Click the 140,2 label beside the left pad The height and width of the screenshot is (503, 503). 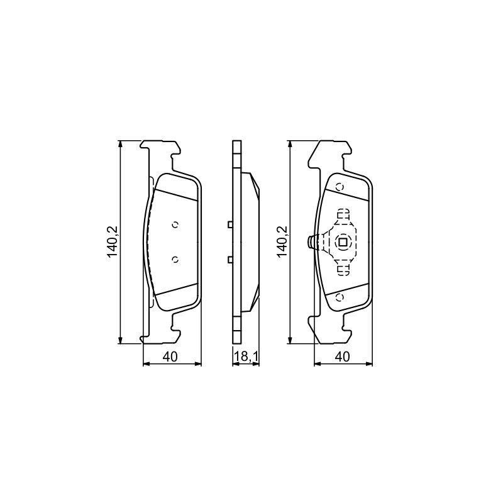pyautogui.click(x=113, y=242)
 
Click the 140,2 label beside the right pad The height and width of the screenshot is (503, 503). pyautogui.click(x=283, y=242)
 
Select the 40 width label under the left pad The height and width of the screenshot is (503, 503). pyautogui.click(x=170, y=357)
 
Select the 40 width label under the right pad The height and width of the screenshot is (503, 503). pyautogui.click(x=342, y=357)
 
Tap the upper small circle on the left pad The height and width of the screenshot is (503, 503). pyautogui.click(x=175, y=225)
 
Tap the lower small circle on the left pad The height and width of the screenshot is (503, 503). pyautogui.click(x=175, y=260)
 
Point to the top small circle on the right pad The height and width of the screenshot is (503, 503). pyautogui.click(x=340, y=187)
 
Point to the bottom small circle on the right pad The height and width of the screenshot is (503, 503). pyautogui.click(x=340, y=297)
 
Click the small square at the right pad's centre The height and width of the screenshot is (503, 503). pyautogui.click(x=342, y=242)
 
